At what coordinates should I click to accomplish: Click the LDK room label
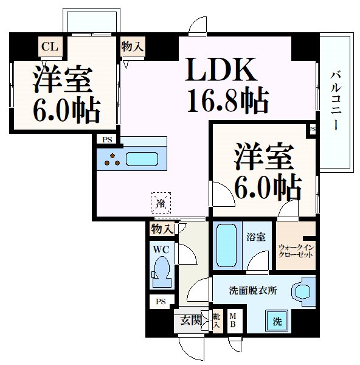[x=220, y=72]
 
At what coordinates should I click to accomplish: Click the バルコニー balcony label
[x=335, y=100]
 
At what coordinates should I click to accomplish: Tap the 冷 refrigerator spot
[x=161, y=203]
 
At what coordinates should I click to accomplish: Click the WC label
[x=161, y=249]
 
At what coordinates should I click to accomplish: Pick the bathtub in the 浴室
[x=226, y=245]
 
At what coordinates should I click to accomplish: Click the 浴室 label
[x=256, y=237]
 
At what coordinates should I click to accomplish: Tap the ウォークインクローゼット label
[x=296, y=251]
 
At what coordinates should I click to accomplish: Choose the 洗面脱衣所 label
[x=253, y=291]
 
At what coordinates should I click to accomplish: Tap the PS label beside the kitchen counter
[x=107, y=139]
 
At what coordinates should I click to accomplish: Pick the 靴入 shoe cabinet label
[x=217, y=321]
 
